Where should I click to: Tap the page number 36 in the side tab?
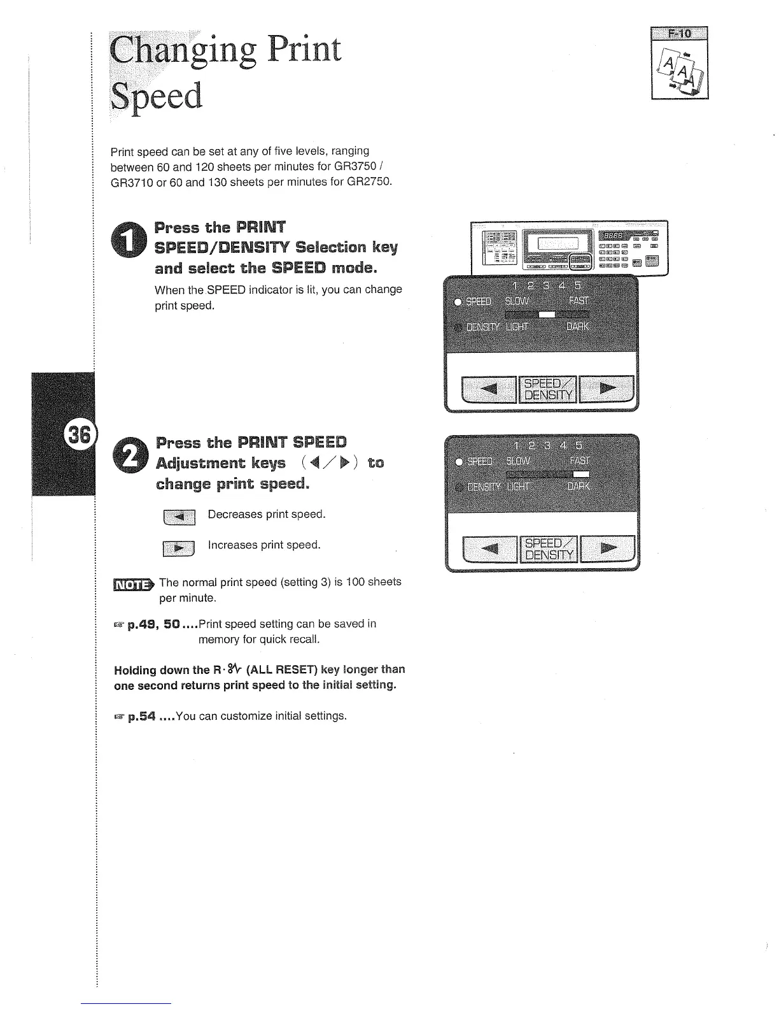pos(80,434)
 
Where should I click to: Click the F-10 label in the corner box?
pos(680,34)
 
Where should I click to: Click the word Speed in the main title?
pos(156,97)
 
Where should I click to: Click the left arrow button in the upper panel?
pos(488,389)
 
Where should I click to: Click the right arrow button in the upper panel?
pos(607,389)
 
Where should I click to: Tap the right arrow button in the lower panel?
pos(608,548)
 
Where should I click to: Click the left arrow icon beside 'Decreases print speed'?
pos(179,517)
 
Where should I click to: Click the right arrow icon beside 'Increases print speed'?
pos(179,547)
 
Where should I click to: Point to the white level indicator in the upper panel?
pos(547,314)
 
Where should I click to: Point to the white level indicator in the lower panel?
pos(580,474)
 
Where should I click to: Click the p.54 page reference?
pos(141,716)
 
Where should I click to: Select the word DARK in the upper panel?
pos(577,327)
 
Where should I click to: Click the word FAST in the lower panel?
pos(579,461)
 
